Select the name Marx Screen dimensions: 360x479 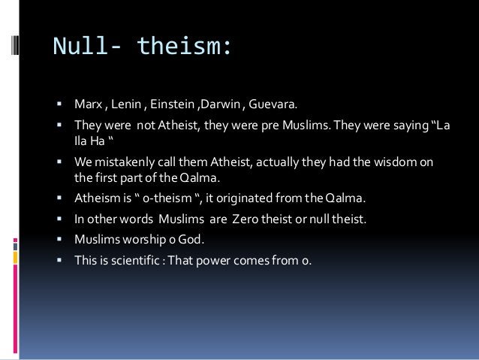[89, 101]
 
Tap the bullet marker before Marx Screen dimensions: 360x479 [61, 101]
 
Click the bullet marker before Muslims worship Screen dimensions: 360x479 [61, 240]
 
